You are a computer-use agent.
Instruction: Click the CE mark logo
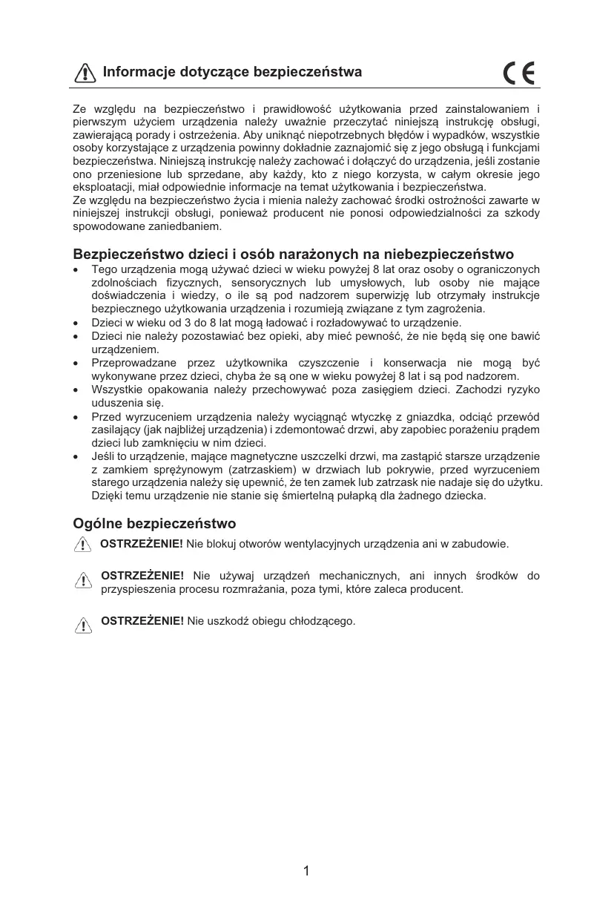[x=519, y=73]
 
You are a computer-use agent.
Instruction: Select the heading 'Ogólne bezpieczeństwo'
[x=154, y=524]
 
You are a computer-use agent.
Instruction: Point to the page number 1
[x=306, y=871]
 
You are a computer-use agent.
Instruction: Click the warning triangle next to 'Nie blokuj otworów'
[x=83, y=545]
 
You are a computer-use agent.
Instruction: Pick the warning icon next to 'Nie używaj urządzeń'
[x=84, y=581]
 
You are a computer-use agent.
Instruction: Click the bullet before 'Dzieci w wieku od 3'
[x=77, y=323]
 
